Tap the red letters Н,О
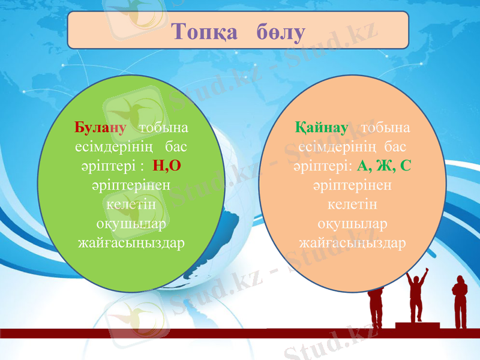[x=167, y=165]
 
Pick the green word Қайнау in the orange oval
[x=322, y=128]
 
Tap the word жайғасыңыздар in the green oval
[x=131, y=244]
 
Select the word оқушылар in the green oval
[x=131, y=224]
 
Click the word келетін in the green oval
[x=131, y=205]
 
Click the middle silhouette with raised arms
[x=416, y=294]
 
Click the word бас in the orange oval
[x=393, y=146]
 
